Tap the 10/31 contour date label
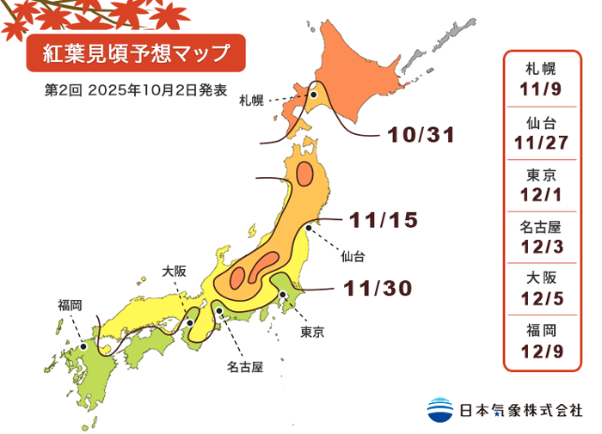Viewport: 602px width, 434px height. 421,135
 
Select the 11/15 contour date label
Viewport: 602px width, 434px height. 384,220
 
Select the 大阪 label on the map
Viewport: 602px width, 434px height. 174,271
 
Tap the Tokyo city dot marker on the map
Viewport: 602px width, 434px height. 283,295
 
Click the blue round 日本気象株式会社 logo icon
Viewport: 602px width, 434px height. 440,409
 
